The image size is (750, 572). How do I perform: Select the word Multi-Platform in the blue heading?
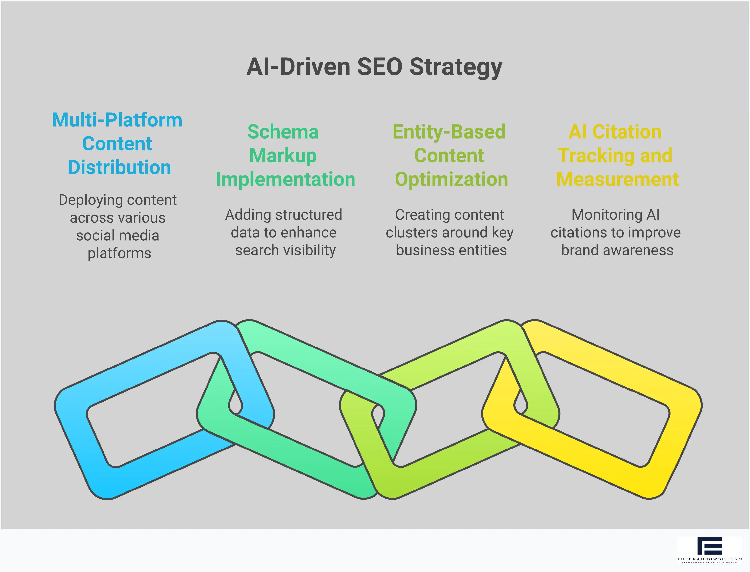coord(117,120)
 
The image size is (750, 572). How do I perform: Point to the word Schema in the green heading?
coord(283,132)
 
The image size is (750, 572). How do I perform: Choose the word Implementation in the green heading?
coord(285,180)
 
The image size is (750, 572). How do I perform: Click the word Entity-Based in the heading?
coord(449,132)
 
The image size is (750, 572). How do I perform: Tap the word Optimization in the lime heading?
coord(451,180)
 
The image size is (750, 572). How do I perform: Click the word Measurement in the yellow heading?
coord(617,180)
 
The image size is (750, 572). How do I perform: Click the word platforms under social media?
coord(119,254)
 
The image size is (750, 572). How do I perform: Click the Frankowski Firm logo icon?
coord(709,546)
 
